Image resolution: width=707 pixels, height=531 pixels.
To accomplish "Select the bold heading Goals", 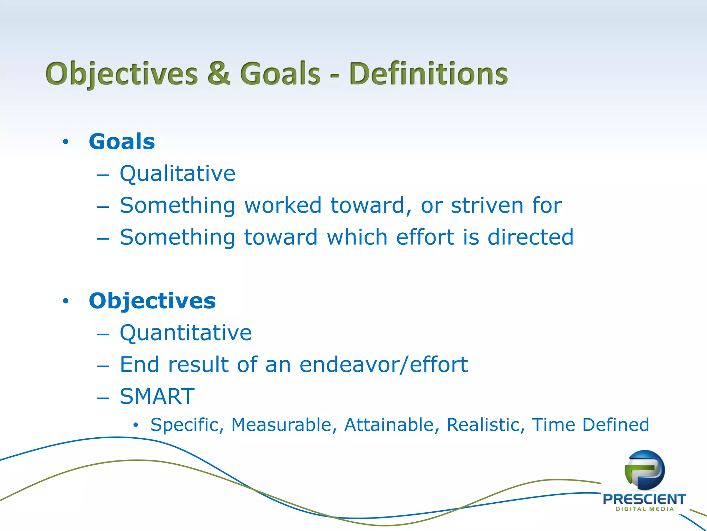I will pos(122,141).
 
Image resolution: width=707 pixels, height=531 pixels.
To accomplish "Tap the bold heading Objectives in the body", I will pos(152,301).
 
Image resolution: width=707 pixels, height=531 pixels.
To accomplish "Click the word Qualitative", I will pos(177,174).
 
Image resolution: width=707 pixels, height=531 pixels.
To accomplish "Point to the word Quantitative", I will pos(186,333).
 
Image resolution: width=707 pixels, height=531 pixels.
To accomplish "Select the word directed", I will pos(530,237).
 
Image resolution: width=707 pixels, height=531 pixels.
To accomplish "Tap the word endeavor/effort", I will pos(383,365).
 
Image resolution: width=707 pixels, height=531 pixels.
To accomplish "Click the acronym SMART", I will pos(157,397).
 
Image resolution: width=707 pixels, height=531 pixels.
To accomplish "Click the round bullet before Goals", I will pos(66,142).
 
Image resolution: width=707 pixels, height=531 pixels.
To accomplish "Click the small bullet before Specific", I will pos(136,425).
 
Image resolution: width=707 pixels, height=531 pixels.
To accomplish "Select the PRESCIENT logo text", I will pos(644,499).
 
